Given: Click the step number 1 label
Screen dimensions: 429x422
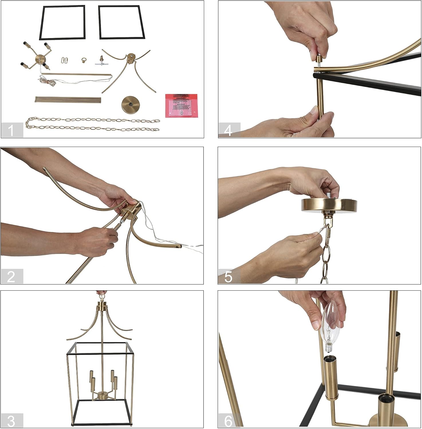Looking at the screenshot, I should [12, 130].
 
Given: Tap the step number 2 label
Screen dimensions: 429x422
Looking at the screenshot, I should [12, 277].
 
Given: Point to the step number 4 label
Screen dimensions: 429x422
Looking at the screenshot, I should [229, 130].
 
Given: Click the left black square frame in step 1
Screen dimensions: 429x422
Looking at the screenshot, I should [62, 22].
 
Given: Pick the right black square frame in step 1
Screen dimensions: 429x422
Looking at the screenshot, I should [121, 22].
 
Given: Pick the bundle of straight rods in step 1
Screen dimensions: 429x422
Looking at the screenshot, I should [68, 100].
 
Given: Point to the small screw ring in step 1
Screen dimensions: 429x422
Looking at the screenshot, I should [84, 61].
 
